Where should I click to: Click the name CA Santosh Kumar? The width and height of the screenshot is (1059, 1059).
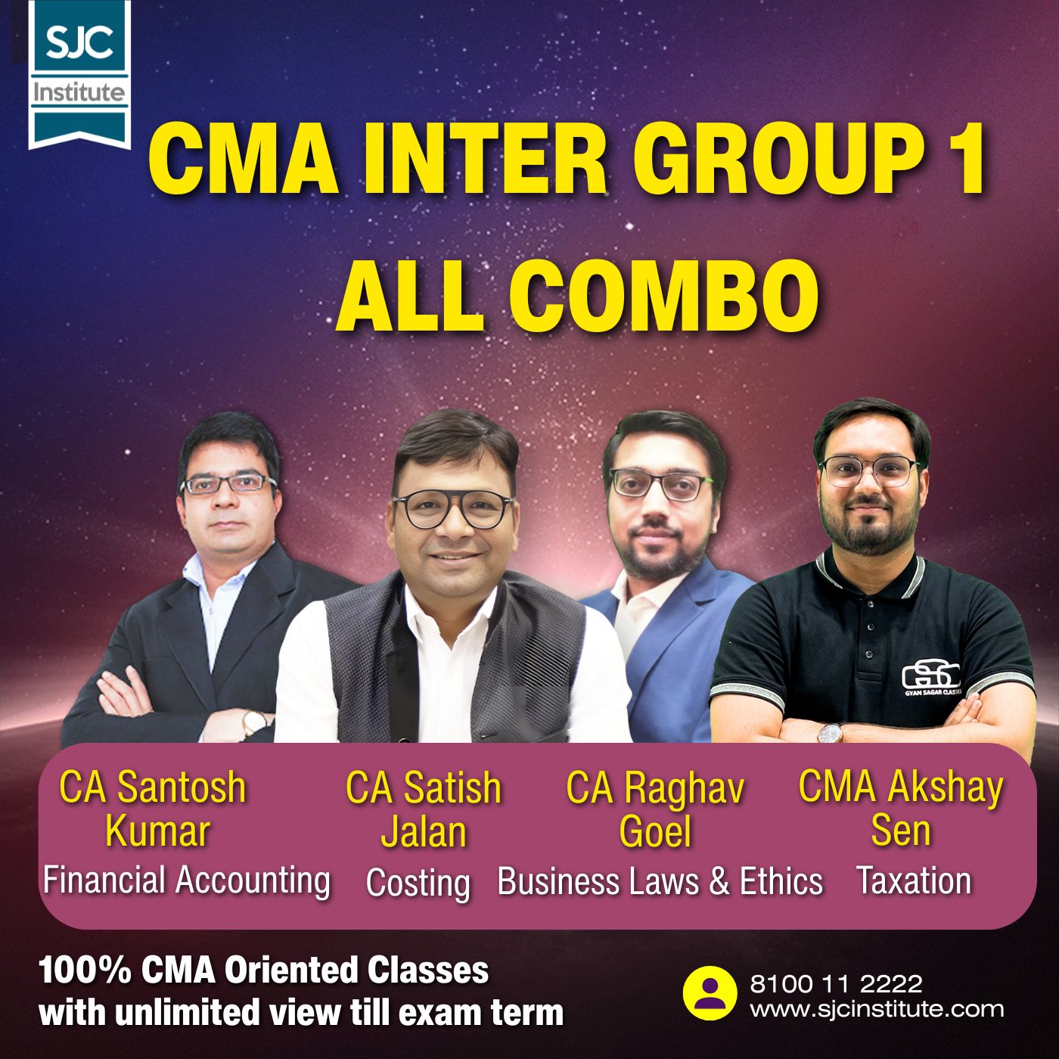(154, 809)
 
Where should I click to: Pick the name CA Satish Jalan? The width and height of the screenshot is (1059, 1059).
(424, 809)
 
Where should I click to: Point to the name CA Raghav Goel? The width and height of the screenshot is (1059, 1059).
(655, 809)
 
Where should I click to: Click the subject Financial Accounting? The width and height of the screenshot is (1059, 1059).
(187, 880)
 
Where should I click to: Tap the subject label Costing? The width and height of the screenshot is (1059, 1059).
(418, 883)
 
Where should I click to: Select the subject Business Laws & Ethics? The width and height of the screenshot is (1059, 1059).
(660, 882)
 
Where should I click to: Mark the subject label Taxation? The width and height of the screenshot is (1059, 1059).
(914, 880)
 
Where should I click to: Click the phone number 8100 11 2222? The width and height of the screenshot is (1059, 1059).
(836, 984)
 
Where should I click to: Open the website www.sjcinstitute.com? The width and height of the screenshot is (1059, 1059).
(877, 1008)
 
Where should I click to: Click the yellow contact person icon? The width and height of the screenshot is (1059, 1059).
(710, 994)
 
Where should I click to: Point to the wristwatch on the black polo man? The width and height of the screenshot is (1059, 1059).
(831, 732)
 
